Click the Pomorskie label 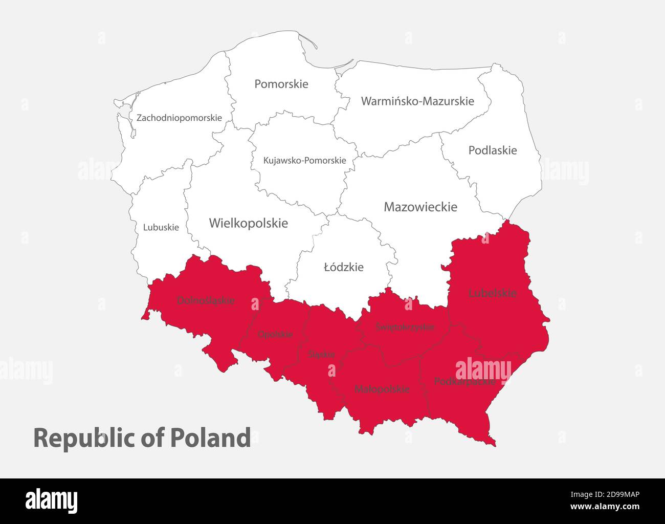(281, 84)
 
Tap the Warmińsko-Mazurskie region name (417, 101)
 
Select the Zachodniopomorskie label (179, 118)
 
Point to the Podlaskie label (493, 150)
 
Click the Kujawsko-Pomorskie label (304, 160)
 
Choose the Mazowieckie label (420, 207)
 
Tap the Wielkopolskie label (248, 223)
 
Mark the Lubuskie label (161, 227)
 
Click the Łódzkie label (344, 267)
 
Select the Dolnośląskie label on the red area (206, 300)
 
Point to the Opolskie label (275, 334)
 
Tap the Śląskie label (322, 354)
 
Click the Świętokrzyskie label (405, 326)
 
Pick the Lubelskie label (493, 293)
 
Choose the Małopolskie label (382, 389)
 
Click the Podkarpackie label (464, 381)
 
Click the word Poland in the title (210, 438)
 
